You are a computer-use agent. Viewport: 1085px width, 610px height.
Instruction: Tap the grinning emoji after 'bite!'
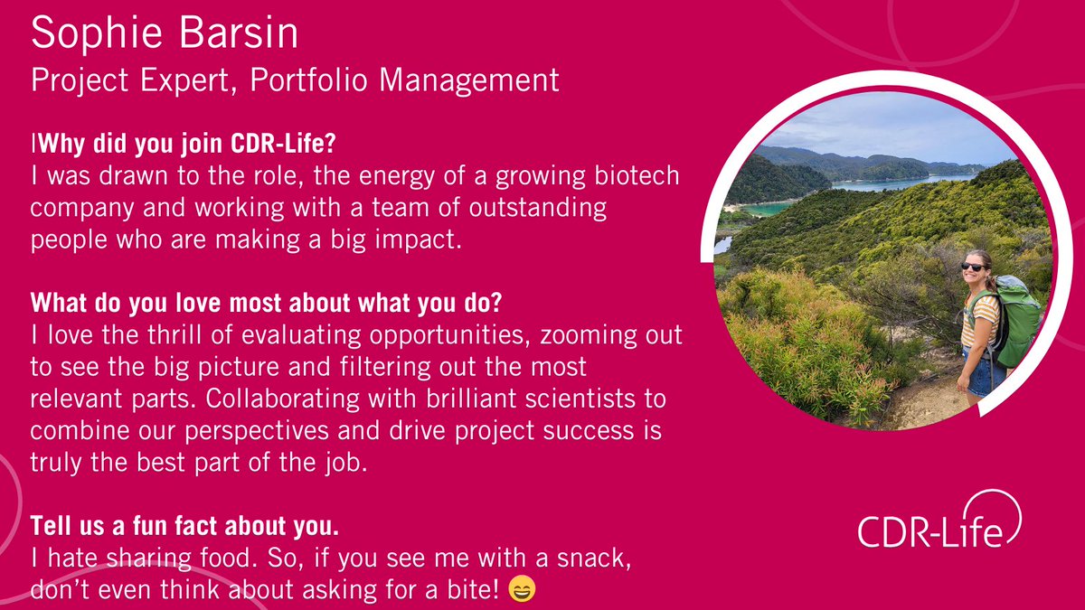click(x=522, y=591)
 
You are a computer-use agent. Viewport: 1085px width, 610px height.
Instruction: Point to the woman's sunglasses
click(x=973, y=266)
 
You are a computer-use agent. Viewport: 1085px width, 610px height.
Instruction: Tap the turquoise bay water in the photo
click(x=769, y=209)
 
